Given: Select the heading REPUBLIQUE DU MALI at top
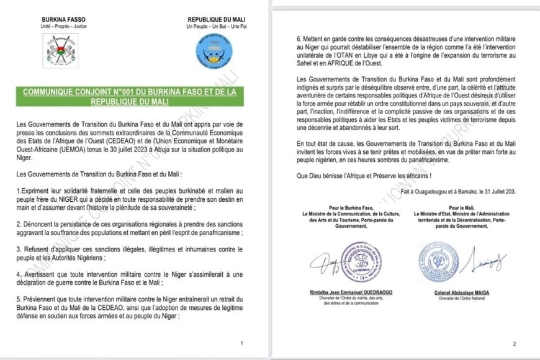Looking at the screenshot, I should [213, 20].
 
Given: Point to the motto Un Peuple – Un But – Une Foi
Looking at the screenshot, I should [213, 27].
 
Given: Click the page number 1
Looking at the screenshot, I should [241, 343].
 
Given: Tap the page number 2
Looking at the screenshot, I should [514, 343].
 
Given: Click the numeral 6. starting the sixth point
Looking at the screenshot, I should [300, 39].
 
